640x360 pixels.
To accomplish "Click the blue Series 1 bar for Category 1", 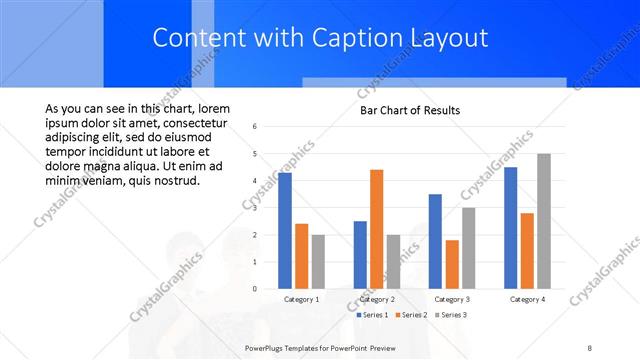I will [285, 231].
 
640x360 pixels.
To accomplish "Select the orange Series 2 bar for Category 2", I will [376, 229].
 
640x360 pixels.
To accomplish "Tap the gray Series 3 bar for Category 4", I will [543, 221].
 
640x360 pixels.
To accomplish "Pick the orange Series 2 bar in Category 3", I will [452, 264].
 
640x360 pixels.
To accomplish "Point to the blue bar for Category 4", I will [511, 228].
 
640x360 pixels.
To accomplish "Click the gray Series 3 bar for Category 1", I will [318, 262].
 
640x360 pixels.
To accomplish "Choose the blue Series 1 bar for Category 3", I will [435, 241].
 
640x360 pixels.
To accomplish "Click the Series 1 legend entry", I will [373, 315].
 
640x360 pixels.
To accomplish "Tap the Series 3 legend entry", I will [452, 315].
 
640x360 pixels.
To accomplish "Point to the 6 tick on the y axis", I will [256, 127].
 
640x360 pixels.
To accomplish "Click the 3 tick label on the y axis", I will [256, 208].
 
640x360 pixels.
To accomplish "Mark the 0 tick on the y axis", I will [256, 289].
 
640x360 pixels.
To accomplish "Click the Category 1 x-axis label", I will [302, 300].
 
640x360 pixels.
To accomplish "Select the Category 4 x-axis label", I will [527, 300].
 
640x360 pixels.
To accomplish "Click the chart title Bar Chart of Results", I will [410, 110].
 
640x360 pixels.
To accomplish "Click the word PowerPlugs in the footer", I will [267, 347].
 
